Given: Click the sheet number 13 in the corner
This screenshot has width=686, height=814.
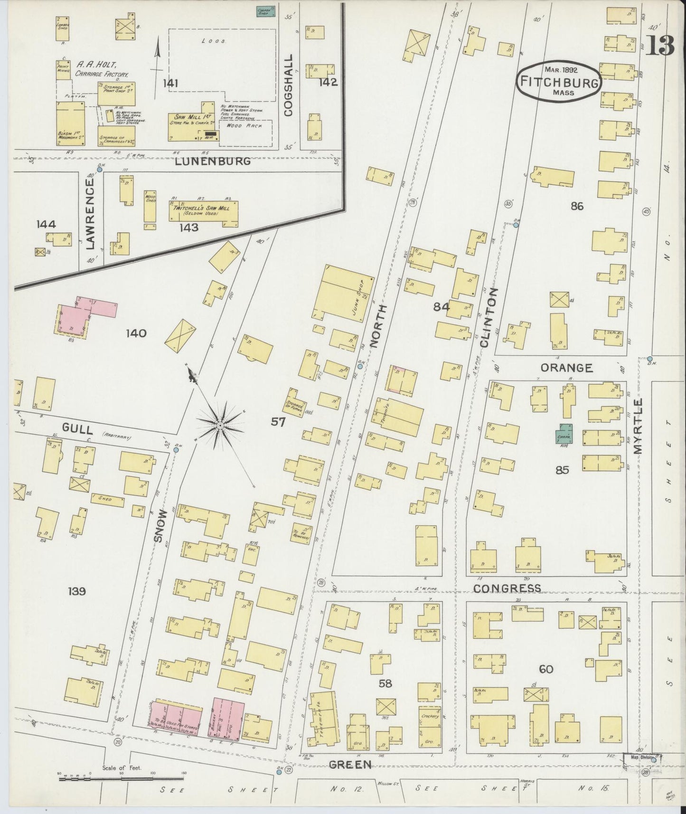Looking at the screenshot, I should click(659, 47).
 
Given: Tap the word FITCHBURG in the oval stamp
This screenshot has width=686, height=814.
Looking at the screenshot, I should click(559, 82).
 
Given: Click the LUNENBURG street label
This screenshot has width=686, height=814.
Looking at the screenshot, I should click(212, 161).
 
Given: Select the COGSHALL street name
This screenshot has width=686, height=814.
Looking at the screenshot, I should click(288, 85).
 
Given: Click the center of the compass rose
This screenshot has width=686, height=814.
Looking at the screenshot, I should click(220, 426).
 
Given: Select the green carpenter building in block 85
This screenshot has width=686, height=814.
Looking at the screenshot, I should click(564, 434).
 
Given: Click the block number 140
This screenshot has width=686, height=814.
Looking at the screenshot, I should click(136, 333).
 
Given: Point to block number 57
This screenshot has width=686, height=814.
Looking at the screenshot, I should click(278, 421).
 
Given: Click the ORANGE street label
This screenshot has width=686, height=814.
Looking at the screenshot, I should click(566, 368).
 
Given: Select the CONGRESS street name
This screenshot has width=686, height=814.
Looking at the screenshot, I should click(507, 588).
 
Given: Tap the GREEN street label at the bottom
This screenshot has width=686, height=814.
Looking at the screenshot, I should click(351, 764).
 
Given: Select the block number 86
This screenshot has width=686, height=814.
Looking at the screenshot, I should click(577, 206).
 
